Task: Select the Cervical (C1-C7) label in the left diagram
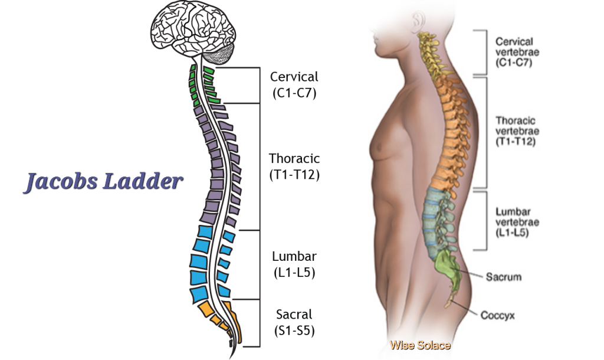(x=294, y=84)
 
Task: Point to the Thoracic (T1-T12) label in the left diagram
(x=294, y=166)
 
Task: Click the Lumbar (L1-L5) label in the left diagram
(x=294, y=264)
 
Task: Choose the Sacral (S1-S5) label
(x=294, y=322)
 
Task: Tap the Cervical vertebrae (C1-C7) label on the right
(x=516, y=51)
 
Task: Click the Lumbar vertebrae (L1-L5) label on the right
(x=517, y=221)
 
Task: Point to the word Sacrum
(x=503, y=276)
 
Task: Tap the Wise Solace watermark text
(x=420, y=345)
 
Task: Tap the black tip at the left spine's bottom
(x=231, y=342)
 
